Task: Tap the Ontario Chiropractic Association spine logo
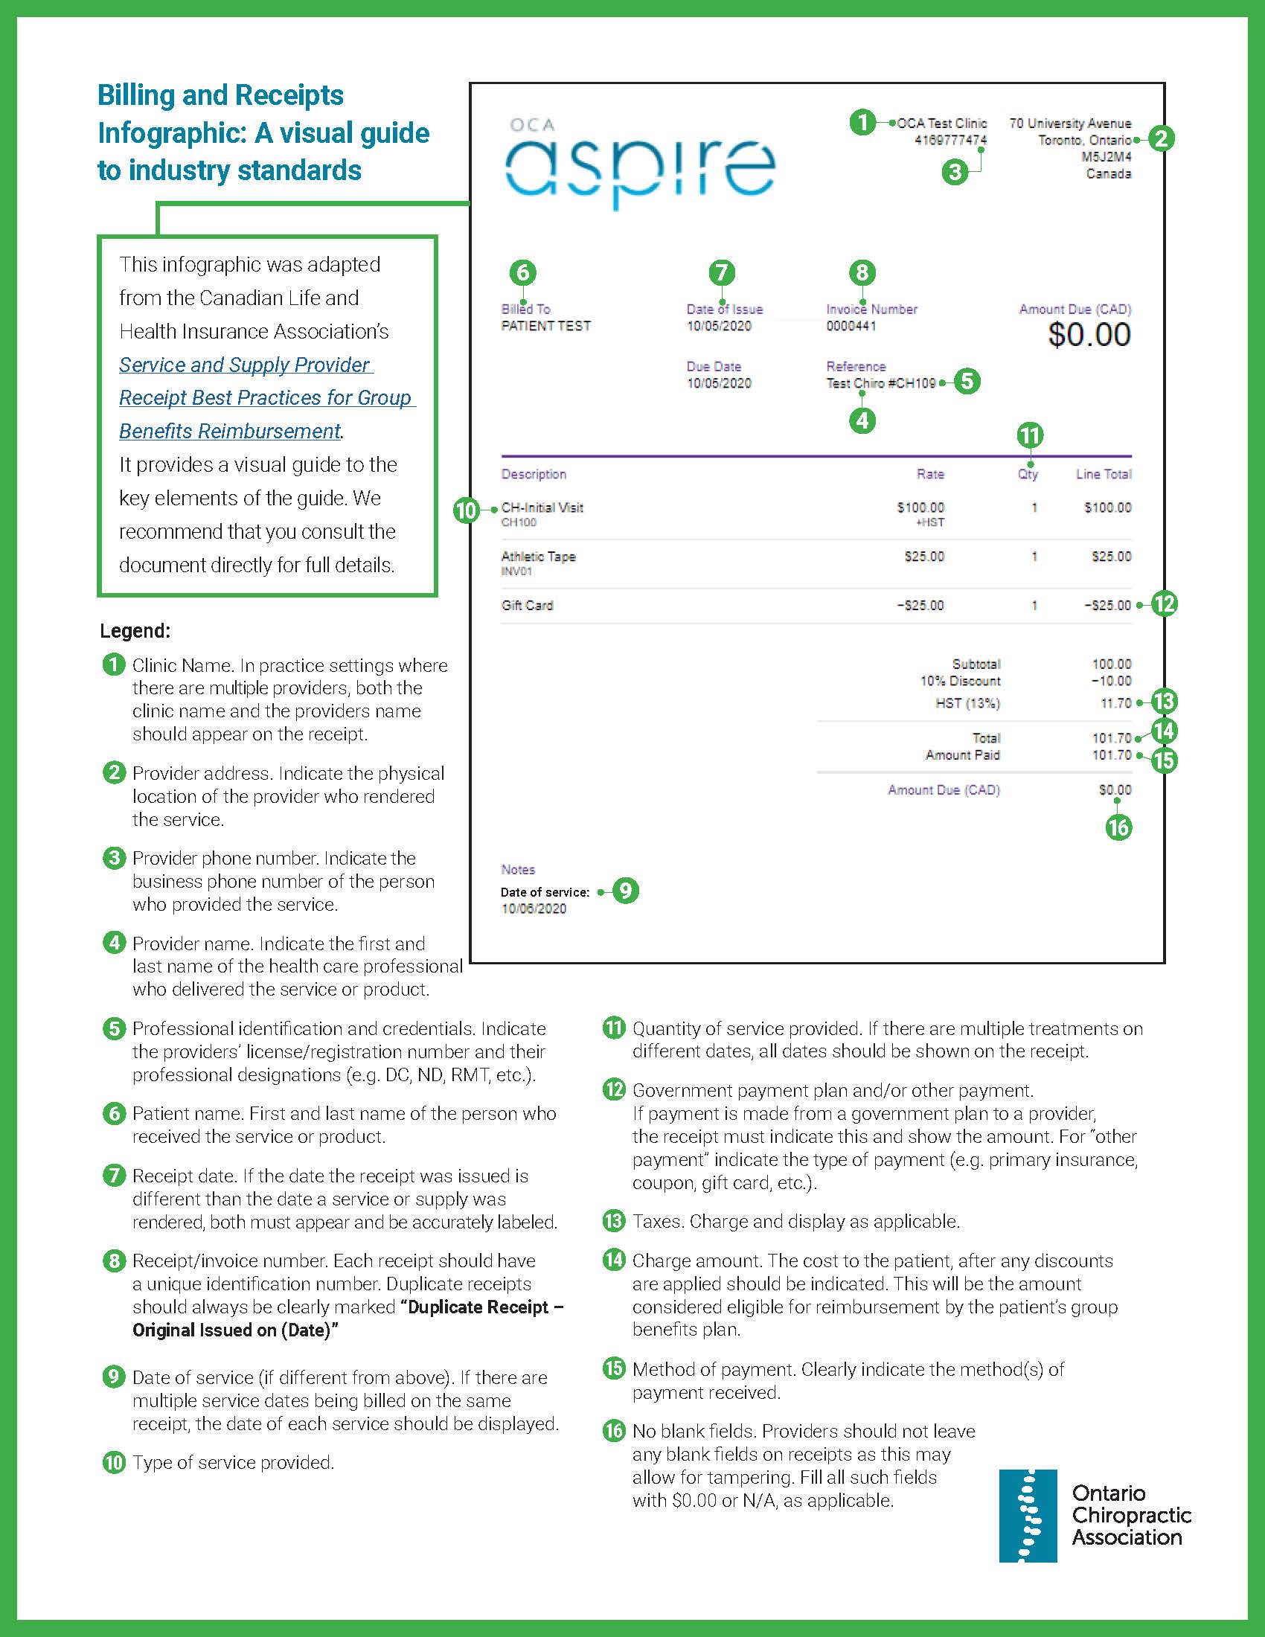[x=1028, y=1515]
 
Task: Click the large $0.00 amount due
[x=1089, y=334]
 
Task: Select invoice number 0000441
[x=851, y=326]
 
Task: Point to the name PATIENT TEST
[x=545, y=326]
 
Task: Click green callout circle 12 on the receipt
[x=1164, y=604]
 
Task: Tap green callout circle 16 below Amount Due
[x=1118, y=827]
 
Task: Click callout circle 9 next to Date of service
[x=625, y=891]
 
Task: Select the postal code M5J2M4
[x=1105, y=157]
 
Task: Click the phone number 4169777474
[x=950, y=140]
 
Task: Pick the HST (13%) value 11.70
[x=1115, y=703]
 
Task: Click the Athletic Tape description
[x=538, y=556]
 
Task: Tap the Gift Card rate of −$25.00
[x=920, y=606]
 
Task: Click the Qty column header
[x=1028, y=475]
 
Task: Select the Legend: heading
[x=135, y=631]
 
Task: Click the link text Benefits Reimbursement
[x=230, y=431]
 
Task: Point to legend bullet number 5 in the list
[x=114, y=1028]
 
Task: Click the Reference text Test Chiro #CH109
[x=880, y=383]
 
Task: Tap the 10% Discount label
[x=960, y=681]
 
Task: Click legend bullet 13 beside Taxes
[x=614, y=1221]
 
